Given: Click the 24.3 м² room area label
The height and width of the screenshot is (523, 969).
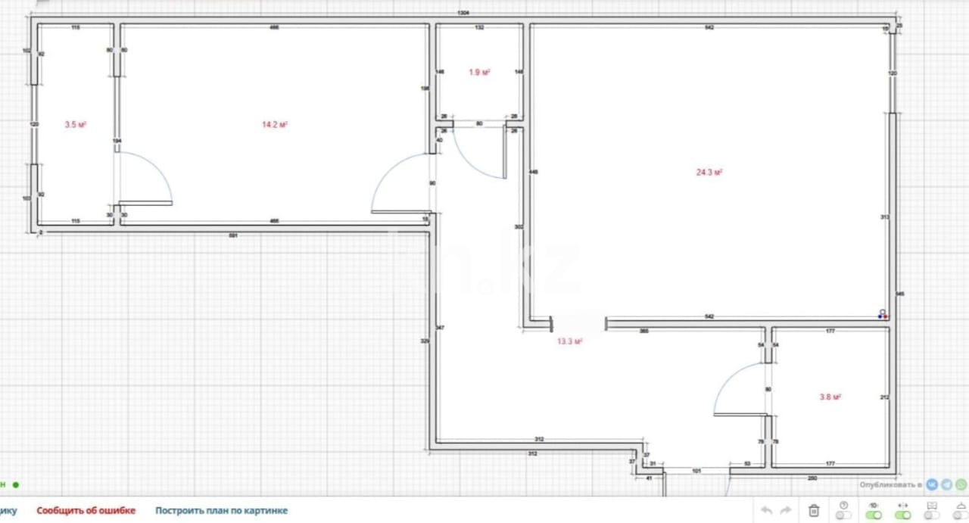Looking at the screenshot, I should [x=709, y=173].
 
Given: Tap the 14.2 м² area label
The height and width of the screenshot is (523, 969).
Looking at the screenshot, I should [x=275, y=125].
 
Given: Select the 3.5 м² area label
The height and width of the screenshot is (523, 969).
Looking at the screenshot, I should [x=76, y=124].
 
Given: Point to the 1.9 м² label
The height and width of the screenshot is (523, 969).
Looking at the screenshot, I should [x=479, y=73].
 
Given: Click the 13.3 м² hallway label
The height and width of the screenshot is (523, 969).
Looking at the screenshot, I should [x=570, y=341].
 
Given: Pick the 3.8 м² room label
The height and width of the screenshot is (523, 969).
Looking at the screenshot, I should [x=831, y=397].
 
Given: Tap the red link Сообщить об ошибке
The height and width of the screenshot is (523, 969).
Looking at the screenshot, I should [x=86, y=511].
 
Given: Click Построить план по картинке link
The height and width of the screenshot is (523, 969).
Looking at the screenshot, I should [x=221, y=511].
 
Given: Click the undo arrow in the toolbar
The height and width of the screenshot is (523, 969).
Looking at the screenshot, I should [x=767, y=510].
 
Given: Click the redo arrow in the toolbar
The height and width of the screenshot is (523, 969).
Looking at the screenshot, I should [x=786, y=510].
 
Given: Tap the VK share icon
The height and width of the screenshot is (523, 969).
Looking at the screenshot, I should [x=932, y=484].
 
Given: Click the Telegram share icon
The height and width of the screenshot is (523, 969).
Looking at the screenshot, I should [x=946, y=484].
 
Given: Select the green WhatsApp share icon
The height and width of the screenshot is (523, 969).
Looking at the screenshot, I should [x=961, y=484].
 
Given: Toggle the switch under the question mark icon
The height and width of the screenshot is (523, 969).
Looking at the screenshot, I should [x=843, y=515].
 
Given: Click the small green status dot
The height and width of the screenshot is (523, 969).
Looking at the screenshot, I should [x=16, y=484].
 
